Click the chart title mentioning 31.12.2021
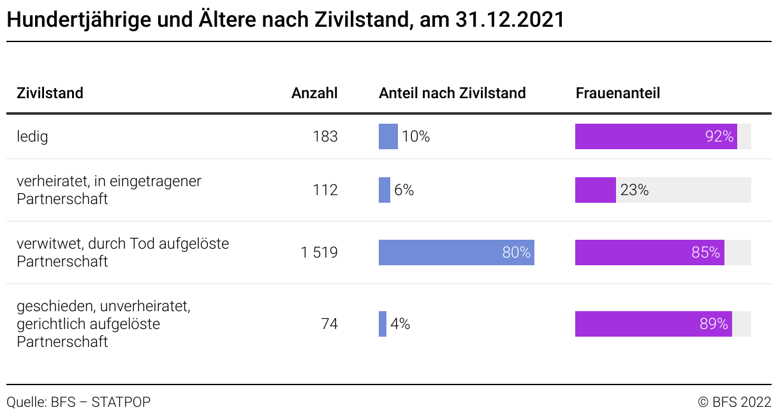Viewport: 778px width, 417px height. pos(285,20)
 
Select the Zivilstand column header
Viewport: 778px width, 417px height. pos(50,93)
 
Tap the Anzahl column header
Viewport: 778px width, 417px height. pos(314,93)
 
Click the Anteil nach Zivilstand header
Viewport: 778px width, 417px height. pos(452,93)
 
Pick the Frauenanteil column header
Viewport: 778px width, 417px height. pos(617,93)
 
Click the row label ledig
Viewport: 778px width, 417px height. pos(33,136)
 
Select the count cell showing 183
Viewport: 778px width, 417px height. pos(325,136)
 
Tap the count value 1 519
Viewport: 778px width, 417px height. pos(319,252)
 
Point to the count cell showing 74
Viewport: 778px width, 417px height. pos(329,324)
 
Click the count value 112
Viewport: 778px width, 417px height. pos(325,190)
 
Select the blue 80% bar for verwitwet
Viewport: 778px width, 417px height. pos(456,252)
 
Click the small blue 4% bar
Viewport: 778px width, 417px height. pos(383,324)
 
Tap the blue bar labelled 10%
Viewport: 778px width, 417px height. pos(388,136)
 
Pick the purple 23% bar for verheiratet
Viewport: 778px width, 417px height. pos(595,190)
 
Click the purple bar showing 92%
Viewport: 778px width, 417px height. pos(656,136)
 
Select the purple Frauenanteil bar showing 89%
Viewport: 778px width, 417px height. pos(653,324)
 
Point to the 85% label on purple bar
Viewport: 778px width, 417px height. pos(705,252)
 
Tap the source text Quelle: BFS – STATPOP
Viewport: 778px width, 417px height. pos(78,402)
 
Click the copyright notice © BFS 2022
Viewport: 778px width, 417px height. pos(735,402)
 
